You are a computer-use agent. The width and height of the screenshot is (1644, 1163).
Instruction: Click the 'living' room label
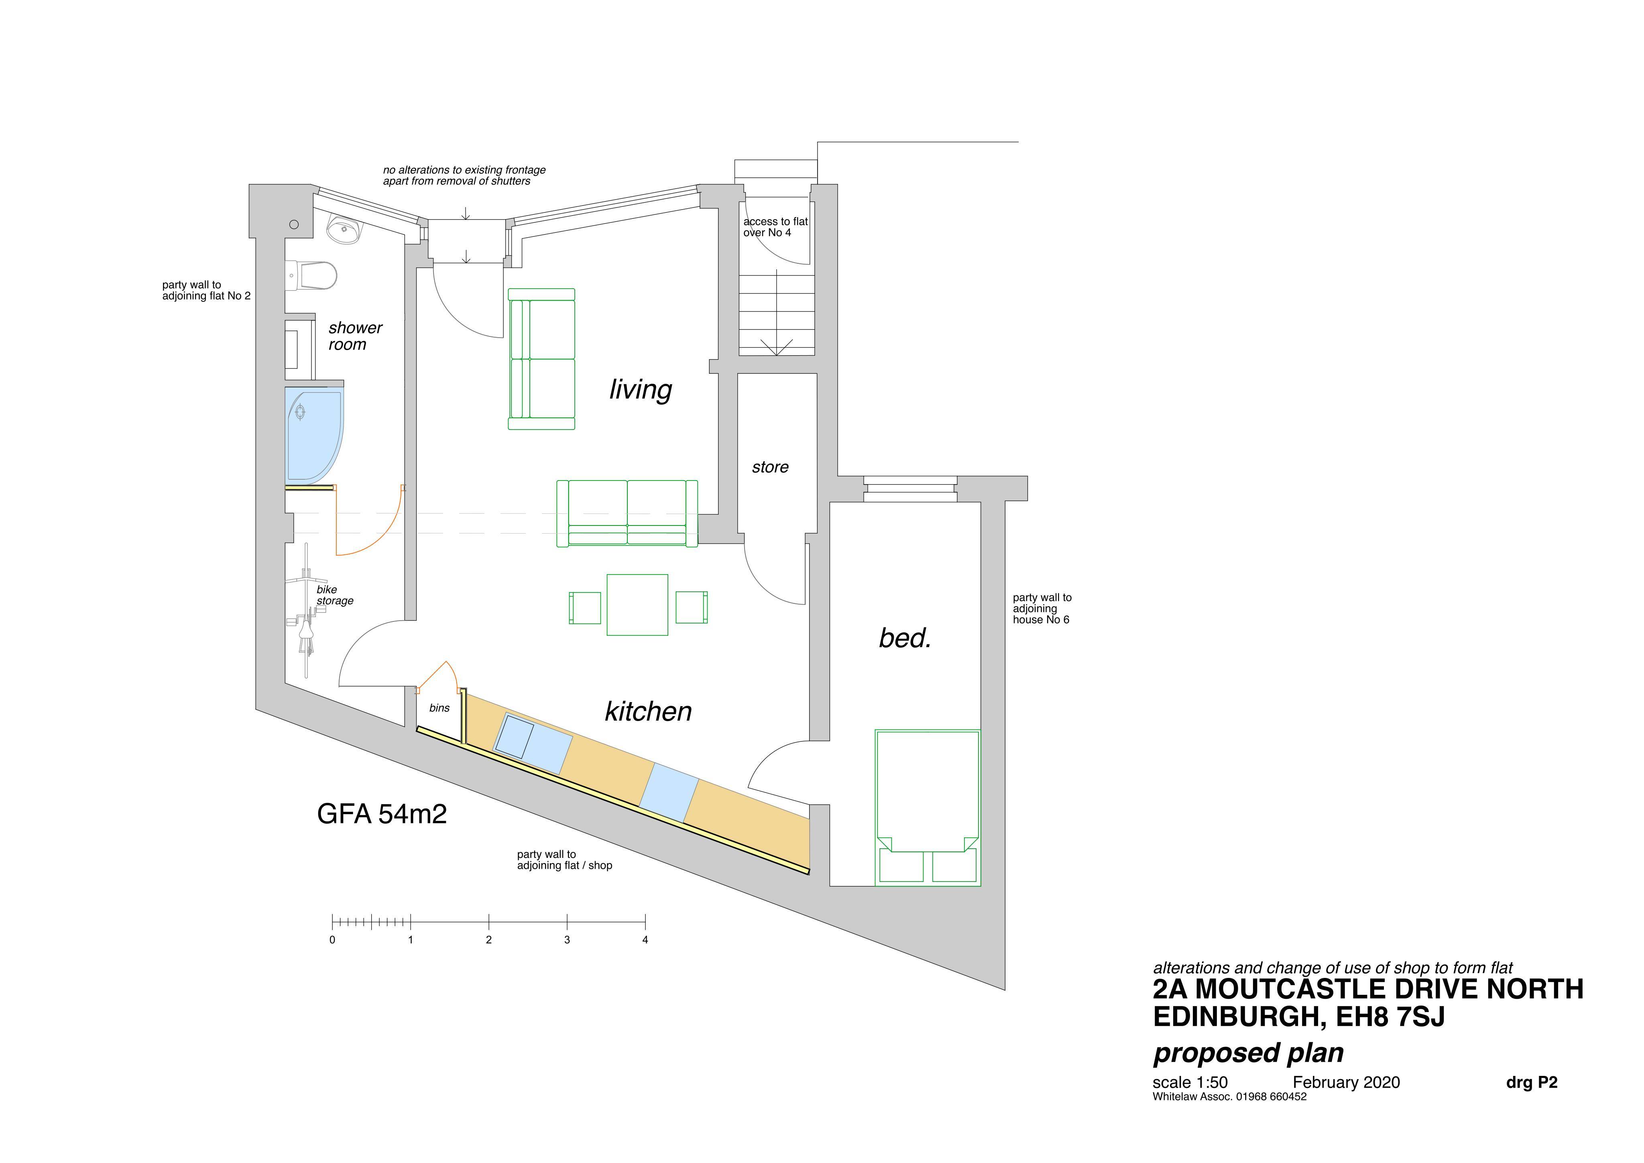(641, 389)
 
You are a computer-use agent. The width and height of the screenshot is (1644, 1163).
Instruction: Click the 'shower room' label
(355, 336)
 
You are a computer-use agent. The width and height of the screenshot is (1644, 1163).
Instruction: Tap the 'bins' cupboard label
(439, 707)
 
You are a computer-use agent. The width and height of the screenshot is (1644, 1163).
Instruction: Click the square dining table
(637, 605)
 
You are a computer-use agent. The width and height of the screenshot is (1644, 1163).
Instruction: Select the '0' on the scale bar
(332, 939)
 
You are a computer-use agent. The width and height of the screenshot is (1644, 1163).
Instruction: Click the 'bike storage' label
(334, 595)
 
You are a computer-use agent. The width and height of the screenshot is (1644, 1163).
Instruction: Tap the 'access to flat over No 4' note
(775, 227)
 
